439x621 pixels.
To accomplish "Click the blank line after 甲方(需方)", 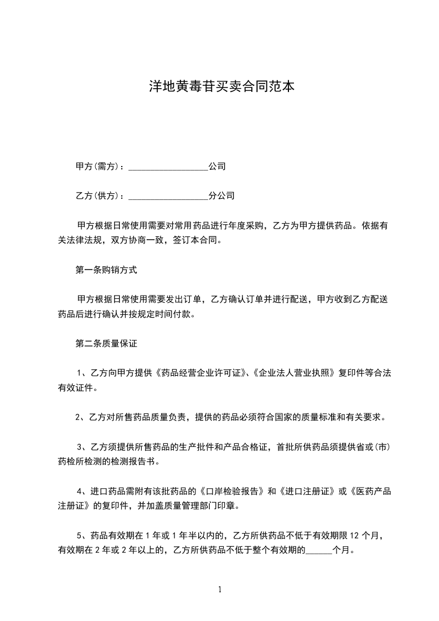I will (x=168, y=167).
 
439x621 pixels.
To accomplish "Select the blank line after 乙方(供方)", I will (x=168, y=196).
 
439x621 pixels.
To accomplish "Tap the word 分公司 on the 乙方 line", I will (x=221, y=196).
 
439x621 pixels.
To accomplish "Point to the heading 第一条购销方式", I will (x=106, y=271).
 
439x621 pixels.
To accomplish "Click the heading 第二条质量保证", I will (x=106, y=344).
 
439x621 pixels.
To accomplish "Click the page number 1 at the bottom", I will (x=220, y=589).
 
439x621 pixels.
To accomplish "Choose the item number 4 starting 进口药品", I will (x=79, y=490).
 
